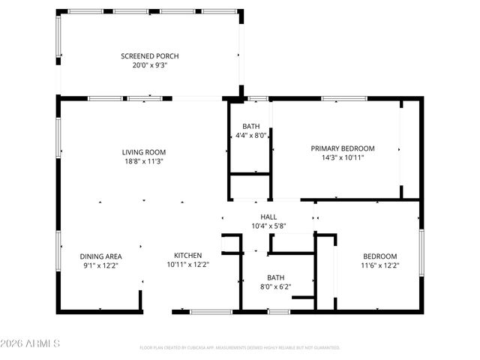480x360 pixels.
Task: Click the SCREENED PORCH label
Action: (150, 56)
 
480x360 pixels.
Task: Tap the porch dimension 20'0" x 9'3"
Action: (150, 66)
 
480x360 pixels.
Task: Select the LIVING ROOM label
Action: (144, 152)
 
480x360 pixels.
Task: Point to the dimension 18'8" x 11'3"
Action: (144, 161)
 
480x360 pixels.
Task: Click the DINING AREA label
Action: (100, 256)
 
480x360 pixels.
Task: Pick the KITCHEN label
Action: (188, 256)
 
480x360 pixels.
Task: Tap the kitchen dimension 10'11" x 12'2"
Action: (188, 265)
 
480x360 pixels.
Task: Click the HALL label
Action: (268, 217)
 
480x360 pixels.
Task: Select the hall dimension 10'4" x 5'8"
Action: (268, 226)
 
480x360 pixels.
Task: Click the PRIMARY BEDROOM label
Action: (343, 148)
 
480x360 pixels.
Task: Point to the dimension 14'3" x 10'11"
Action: (343, 157)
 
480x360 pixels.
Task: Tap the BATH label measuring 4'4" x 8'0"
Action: (251, 126)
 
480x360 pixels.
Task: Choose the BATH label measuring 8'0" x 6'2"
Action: (276, 277)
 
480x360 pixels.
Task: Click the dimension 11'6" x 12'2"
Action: (381, 265)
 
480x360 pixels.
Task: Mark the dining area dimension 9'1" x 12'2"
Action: (100, 265)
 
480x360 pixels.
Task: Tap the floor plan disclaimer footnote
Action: (240, 348)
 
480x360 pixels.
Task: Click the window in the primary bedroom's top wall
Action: (344, 98)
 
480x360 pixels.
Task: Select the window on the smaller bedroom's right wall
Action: (421, 251)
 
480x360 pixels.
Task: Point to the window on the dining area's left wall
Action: (58, 251)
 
